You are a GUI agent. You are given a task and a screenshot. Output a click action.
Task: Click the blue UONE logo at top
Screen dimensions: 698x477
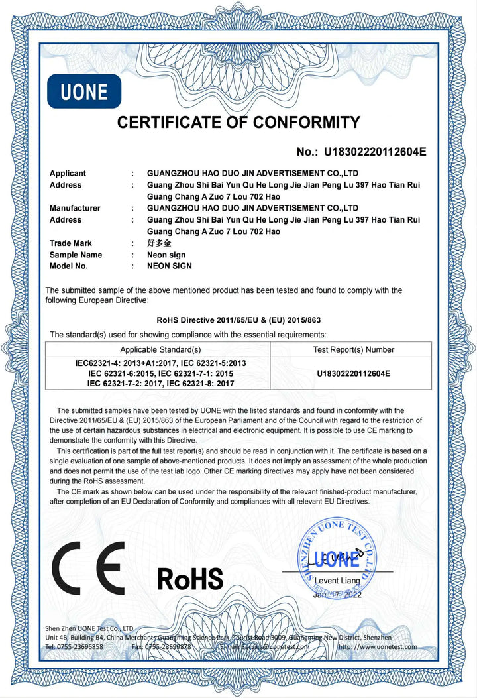(x=84, y=91)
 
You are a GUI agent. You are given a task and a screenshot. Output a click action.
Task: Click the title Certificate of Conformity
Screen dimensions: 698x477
(x=238, y=122)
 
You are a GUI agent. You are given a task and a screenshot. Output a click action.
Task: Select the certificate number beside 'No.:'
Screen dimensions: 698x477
(x=375, y=152)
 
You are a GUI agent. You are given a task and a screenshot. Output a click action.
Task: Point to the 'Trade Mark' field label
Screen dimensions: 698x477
(x=71, y=243)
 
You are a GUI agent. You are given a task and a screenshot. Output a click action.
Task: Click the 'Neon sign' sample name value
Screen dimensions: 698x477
(x=166, y=255)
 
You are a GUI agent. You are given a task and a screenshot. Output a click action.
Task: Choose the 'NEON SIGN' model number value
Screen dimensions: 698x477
(x=169, y=266)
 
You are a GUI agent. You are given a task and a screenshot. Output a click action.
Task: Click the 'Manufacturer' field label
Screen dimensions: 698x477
(x=75, y=208)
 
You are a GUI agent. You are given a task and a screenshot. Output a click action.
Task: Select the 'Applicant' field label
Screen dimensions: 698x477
(x=68, y=174)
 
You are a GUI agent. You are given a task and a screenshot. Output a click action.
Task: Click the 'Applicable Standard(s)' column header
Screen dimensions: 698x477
(x=160, y=349)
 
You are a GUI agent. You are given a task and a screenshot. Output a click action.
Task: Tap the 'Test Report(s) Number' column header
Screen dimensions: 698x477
(x=353, y=349)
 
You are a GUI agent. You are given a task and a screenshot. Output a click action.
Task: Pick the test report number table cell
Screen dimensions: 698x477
(x=353, y=373)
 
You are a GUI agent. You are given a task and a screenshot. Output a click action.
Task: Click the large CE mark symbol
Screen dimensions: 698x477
(x=89, y=567)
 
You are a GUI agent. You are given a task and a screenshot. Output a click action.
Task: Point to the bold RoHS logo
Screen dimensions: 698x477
(x=190, y=578)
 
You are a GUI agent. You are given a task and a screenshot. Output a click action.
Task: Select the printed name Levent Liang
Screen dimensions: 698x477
(x=337, y=581)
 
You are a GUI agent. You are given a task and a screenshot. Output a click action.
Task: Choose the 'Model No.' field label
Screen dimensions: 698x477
(x=68, y=266)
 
